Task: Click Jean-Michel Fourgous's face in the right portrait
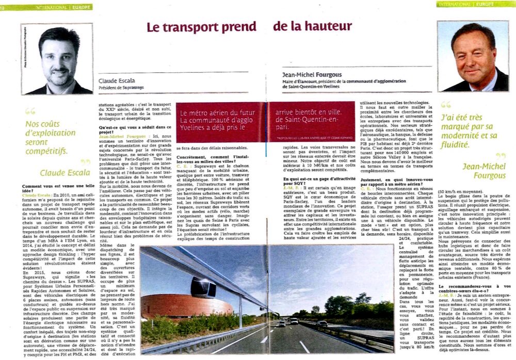click(473, 54)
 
